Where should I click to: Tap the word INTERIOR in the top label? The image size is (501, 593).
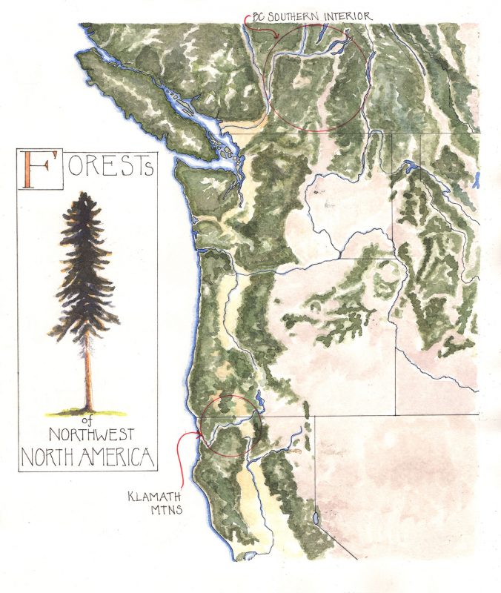(345, 16)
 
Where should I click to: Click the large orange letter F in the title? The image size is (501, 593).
(38, 168)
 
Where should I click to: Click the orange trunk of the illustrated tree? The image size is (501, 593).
(87, 371)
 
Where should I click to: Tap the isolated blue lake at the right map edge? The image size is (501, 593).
(478, 179)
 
